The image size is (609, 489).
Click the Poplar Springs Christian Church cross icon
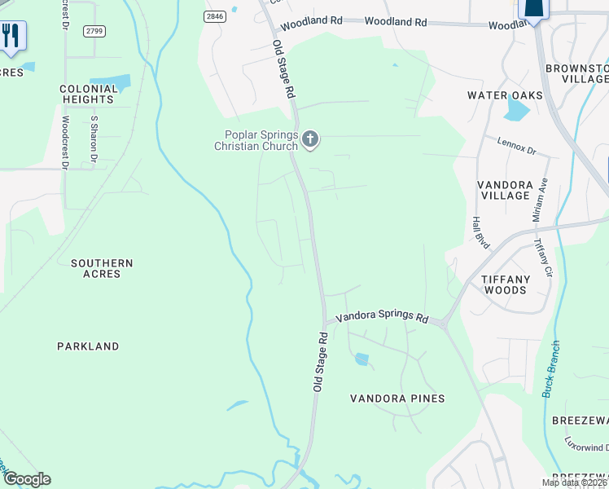309,140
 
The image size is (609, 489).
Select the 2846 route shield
213,16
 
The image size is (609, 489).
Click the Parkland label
88,346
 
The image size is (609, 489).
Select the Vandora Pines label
397,399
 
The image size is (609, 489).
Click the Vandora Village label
505,190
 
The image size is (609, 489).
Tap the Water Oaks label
505,95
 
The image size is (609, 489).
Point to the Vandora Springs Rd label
382,316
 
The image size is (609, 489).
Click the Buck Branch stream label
551,368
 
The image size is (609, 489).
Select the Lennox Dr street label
517,146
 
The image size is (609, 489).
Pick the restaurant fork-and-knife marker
11,36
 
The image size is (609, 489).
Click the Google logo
27,479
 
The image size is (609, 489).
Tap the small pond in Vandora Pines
361,359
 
